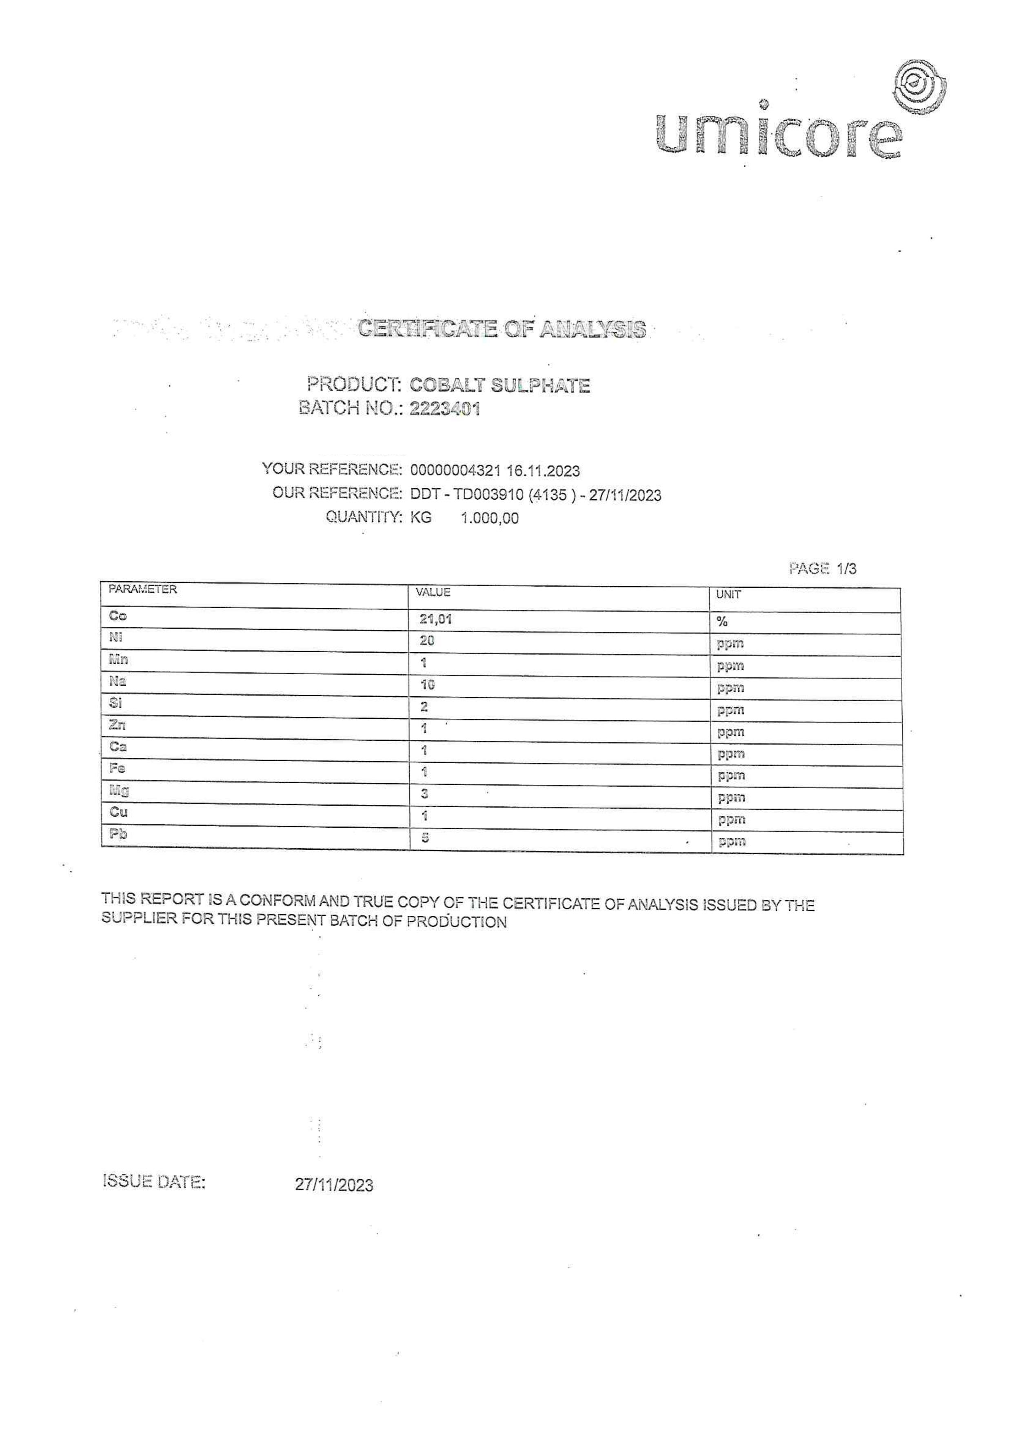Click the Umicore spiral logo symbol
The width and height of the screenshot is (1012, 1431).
coord(919,89)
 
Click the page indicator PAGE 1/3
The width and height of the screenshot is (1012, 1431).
coord(822,568)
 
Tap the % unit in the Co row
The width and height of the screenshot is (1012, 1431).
coord(722,621)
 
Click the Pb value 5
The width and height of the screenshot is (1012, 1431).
coord(425,837)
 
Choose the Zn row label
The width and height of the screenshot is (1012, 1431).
coord(117,725)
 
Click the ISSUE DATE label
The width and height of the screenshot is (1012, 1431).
coord(153,1181)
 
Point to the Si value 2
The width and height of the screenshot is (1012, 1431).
coord(424,707)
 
